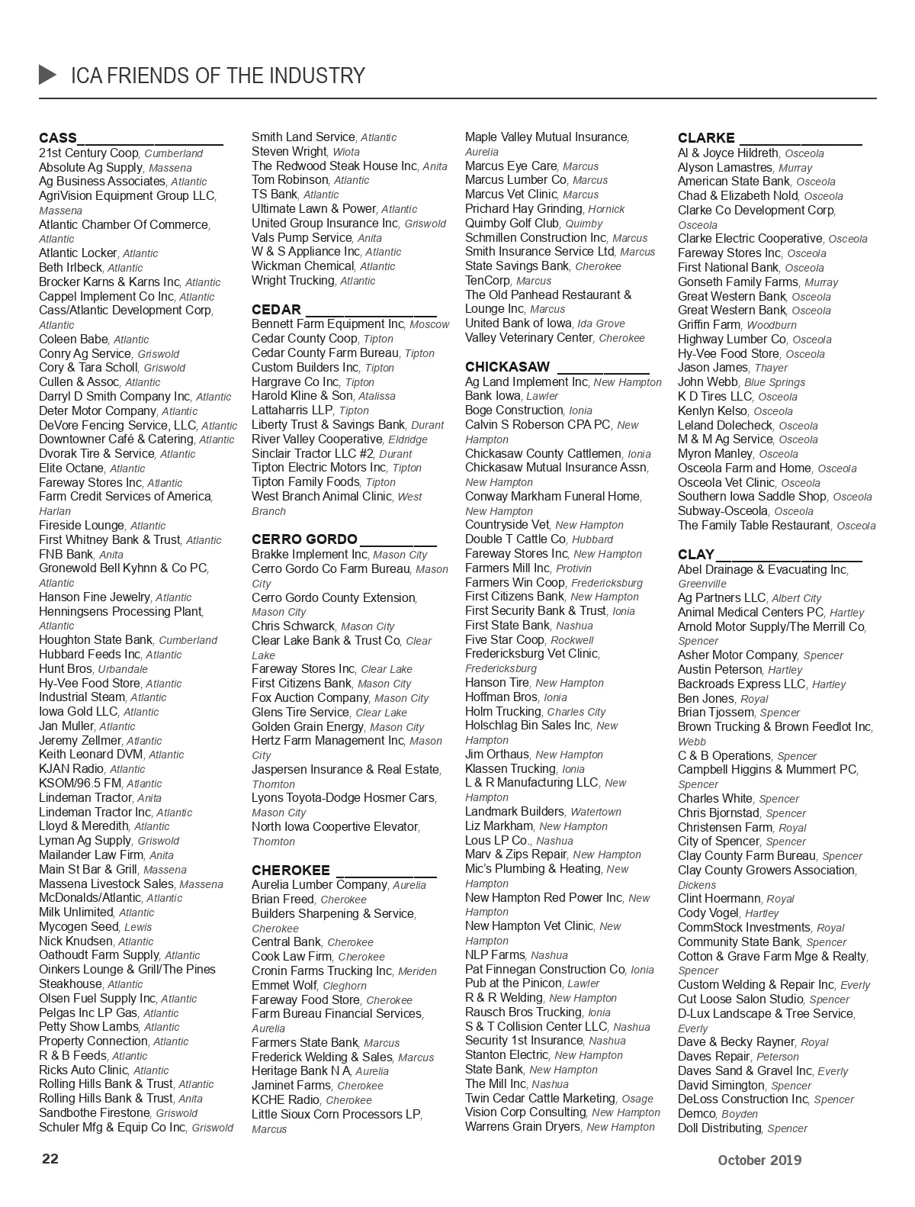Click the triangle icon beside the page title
47,75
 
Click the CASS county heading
58,138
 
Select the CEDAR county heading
276,310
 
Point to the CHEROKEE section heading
291,871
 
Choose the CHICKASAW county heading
507,367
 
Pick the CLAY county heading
695,555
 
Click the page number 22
50,1159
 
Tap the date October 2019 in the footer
759,1160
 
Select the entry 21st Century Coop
89,153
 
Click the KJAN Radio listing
72,768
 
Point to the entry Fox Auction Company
310,697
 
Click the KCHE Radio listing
286,1099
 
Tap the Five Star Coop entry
505,639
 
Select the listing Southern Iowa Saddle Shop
752,496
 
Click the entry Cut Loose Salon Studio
740,999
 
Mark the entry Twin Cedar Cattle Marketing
540,1098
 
